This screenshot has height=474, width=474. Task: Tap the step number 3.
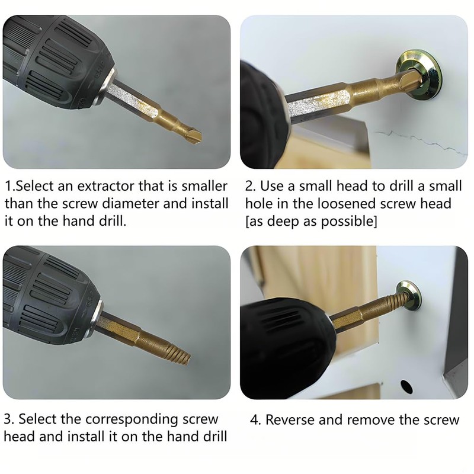tap(8, 419)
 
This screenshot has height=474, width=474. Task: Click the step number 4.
tap(254, 420)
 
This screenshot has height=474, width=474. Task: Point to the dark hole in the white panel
tap(406, 386)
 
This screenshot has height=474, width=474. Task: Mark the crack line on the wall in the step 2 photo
tap(421, 142)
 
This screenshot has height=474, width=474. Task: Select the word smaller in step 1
tap(204, 186)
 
